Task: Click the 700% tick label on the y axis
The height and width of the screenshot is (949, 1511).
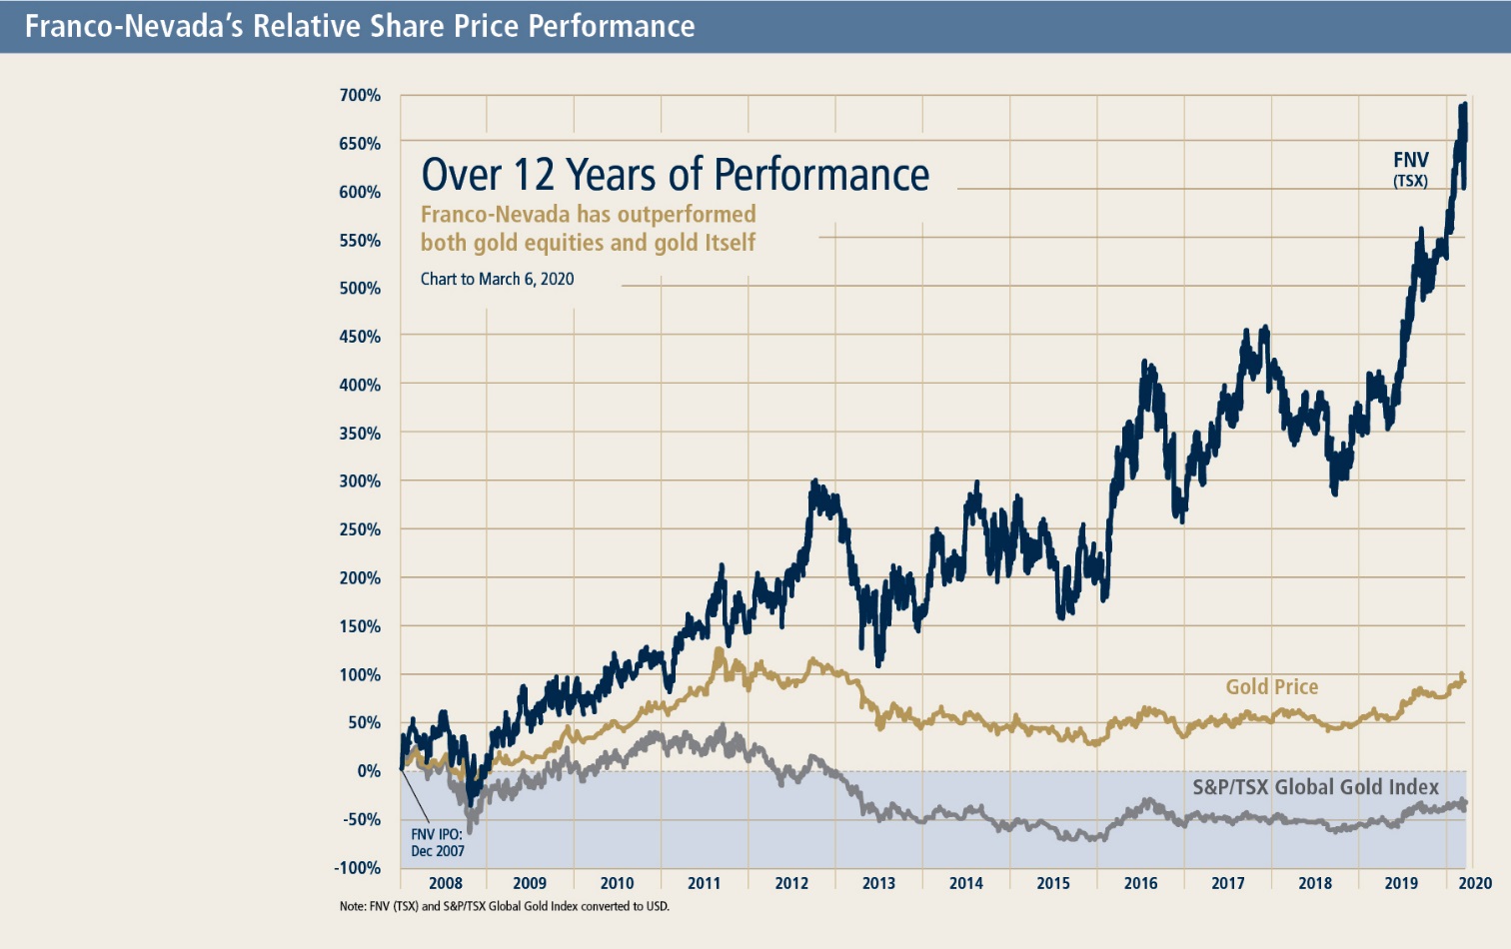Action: pos(360,96)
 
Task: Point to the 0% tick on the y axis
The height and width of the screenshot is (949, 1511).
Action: pos(369,771)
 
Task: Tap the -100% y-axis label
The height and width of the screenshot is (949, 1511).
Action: pos(358,868)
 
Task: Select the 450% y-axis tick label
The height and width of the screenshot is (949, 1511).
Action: pos(360,337)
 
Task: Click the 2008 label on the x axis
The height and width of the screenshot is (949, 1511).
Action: pos(446,883)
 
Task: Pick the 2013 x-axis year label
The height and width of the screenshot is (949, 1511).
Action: pos(878,883)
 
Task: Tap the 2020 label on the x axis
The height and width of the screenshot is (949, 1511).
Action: pos(1475,883)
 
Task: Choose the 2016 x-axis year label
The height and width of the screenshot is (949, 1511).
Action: pos(1140,883)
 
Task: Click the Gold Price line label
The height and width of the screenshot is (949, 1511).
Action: pos(1271,687)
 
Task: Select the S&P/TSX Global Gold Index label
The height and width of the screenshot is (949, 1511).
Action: pos(1315,787)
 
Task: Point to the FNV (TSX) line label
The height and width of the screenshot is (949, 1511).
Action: pos(1411,168)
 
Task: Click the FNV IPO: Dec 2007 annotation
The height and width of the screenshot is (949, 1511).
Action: pos(438,842)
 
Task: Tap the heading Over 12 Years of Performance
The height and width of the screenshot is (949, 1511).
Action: pos(675,175)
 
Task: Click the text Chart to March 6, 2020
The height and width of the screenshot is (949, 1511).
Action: pos(497,280)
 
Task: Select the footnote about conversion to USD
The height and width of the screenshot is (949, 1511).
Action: pos(504,907)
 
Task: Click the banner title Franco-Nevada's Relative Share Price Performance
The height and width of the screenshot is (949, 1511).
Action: pos(360,26)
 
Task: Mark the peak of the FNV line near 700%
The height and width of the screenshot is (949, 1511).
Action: pos(1464,104)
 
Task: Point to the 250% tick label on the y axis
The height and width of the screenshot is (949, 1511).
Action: pos(360,529)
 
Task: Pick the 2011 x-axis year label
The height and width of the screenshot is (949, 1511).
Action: pos(704,883)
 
